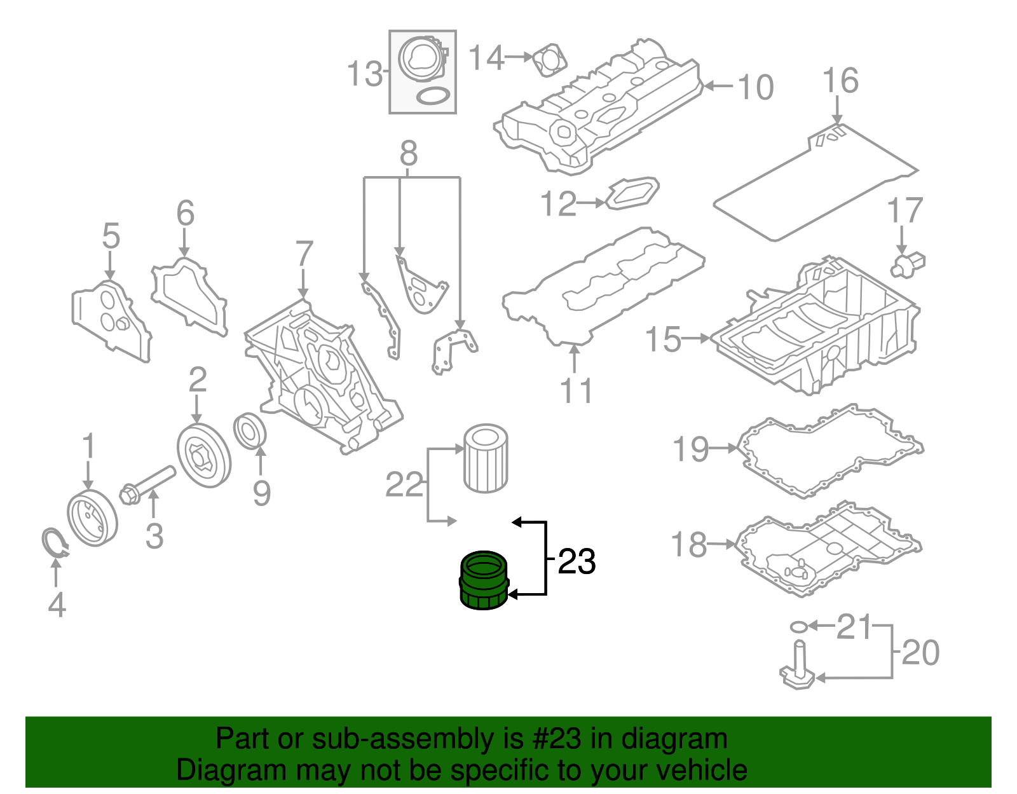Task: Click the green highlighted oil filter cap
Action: pyautogui.click(x=484, y=580)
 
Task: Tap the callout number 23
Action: pyautogui.click(x=577, y=562)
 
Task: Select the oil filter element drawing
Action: pyautogui.click(x=486, y=458)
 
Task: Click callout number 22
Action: pyautogui.click(x=404, y=486)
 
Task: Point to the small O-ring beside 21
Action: pyautogui.click(x=799, y=627)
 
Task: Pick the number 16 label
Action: pyautogui.click(x=840, y=81)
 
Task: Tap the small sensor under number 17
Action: pyautogui.click(x=908, y=264)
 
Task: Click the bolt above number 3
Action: pyautogui.click(x=147, y=484)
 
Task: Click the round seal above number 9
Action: pyautogui.click(x=250, y=430)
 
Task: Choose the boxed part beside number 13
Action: pyautogui.click(x=423, y=72)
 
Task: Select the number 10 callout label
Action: pyautogui.click(x=755, y=88)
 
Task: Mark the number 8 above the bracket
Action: pyautogui.click(x=409, y=154)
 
